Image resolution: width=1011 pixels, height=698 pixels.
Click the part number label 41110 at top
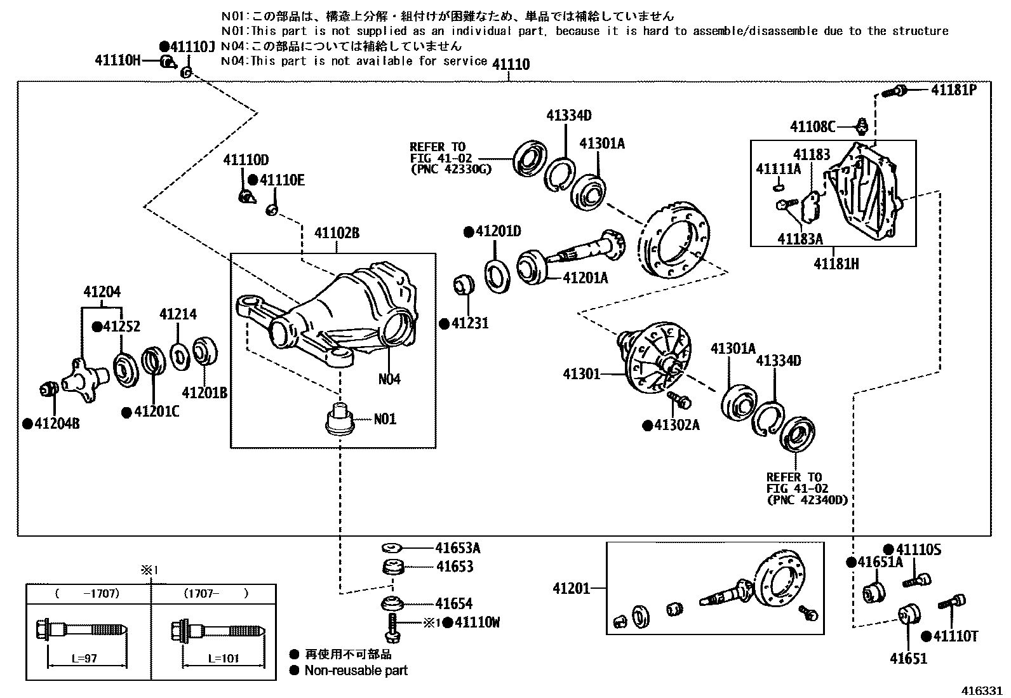click(511, 64)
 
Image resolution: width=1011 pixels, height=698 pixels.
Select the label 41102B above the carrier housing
click(337, 234)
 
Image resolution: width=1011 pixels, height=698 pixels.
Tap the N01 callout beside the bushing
click(384, 419)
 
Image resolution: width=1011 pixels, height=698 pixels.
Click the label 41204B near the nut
click(57, 424)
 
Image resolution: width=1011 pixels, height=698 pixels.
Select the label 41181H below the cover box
click(836, 263)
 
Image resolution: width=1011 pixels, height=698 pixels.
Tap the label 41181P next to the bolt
click(953, 90)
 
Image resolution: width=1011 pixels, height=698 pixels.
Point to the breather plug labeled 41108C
click(862, 126)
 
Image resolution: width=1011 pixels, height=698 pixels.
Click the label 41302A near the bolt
click(676, 425)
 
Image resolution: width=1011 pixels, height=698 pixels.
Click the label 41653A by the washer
click(457, 548)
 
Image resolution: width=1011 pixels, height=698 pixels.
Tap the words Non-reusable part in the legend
click(356, 671)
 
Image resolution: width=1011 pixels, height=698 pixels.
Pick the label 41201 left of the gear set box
click(571, 589)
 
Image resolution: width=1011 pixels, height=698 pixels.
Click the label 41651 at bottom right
click(908, 658)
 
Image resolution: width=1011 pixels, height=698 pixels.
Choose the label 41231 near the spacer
click(470, 323)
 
